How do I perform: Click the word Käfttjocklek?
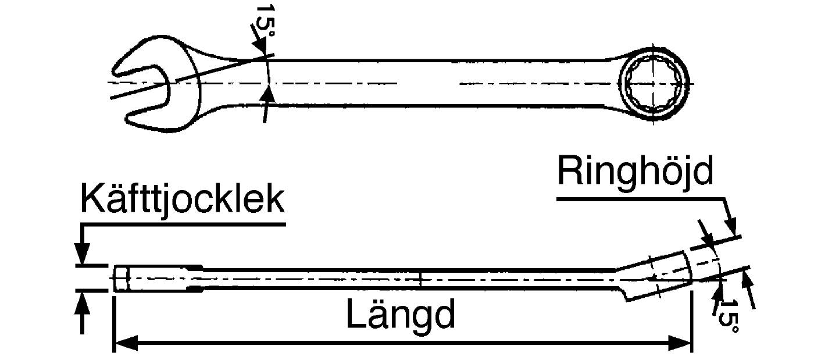[x=182, y=199]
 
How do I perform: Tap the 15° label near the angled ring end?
[x=729, y=316]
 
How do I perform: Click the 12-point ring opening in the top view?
[x=654, y=84]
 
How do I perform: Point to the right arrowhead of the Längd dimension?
[x=680, y=343]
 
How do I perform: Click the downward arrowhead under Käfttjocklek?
[x=82, y=253]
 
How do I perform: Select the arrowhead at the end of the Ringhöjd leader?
[x=730, y=227]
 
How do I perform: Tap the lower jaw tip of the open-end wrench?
[x=128, y=119]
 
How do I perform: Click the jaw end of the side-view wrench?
[x=121, y=278]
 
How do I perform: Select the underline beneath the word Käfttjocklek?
[x=184, y=224]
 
